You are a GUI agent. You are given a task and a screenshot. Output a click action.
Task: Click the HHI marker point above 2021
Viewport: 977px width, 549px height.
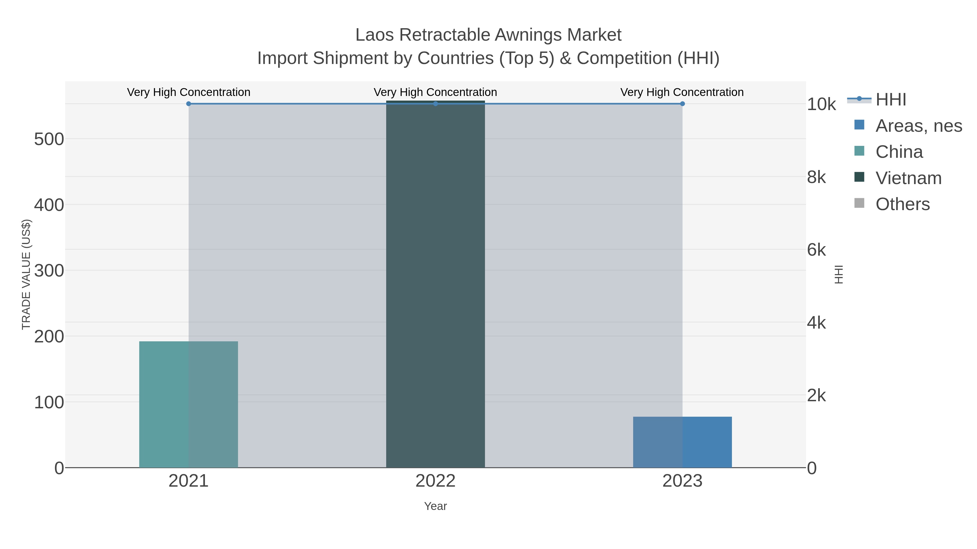(x=189, y=104)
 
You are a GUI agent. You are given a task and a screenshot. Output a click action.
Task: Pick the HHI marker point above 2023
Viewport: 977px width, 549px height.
(x=682, y=104)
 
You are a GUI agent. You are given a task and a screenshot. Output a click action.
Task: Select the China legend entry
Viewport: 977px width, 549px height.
(x=899, y=152)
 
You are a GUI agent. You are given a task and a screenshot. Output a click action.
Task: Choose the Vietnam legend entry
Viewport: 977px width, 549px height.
(x=908, y=178)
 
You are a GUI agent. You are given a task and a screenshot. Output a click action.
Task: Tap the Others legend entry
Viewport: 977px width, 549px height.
(x=902, y=204)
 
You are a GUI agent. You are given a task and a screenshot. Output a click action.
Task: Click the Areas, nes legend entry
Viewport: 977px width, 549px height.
(x=918, y=126)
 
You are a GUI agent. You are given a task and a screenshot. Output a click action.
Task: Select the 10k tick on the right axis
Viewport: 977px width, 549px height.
(x=821, y=105)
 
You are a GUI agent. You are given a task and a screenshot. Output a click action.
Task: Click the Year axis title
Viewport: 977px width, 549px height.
(x=435, y=506)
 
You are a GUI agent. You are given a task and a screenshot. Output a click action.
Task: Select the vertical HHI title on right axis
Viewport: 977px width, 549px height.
(x=839, y=274)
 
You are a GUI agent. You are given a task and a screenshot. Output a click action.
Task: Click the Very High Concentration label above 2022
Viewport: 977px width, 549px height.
(x=435, y=92)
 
